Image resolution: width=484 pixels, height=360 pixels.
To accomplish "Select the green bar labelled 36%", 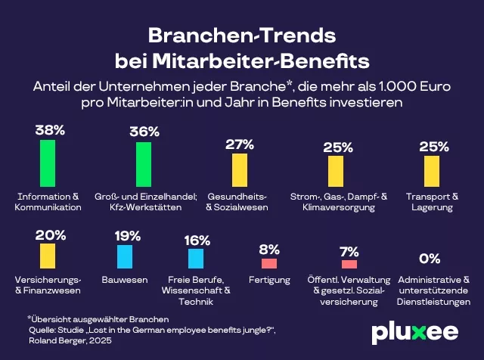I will tap(144, 163).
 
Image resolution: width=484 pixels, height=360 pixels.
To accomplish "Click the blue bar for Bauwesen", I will tap(124, 257).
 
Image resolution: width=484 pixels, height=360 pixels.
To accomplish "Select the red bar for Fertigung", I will tap(269, 263).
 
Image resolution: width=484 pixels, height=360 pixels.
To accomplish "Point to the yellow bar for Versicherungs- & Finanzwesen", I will tap(48, 256).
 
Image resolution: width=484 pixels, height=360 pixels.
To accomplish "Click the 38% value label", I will tap(49, 130).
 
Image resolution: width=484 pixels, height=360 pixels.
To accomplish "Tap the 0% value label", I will tap(430, 259).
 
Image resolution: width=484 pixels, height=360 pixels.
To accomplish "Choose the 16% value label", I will tap(197, 240).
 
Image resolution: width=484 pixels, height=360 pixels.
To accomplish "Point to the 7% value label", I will tap(349, 250).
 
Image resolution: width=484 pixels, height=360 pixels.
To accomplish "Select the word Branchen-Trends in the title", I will tap(241, 36).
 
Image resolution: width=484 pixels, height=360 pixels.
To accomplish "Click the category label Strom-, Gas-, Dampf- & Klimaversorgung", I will tap(338, 201).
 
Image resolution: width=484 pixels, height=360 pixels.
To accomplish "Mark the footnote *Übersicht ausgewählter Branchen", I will tap(87, 319).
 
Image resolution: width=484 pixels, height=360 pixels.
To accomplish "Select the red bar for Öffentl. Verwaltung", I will tap(349, 264).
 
